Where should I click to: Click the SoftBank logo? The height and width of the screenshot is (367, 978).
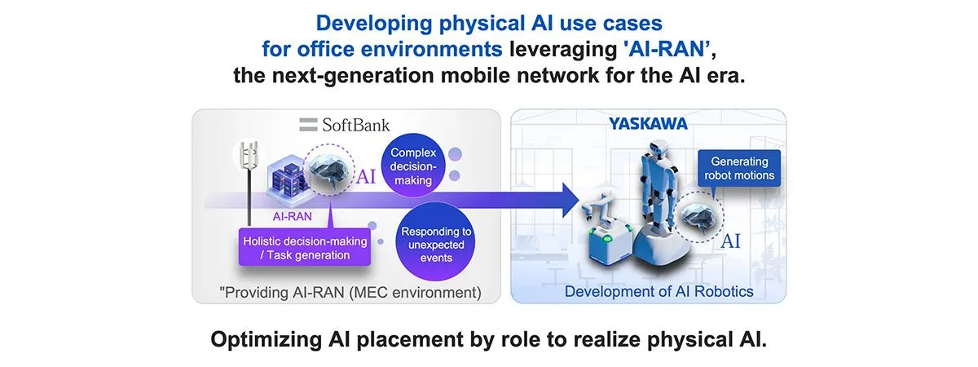345,125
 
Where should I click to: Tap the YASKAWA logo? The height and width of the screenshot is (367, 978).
648,124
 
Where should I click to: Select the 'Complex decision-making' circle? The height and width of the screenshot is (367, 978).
416,166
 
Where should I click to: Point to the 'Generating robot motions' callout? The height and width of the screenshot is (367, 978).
742,169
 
